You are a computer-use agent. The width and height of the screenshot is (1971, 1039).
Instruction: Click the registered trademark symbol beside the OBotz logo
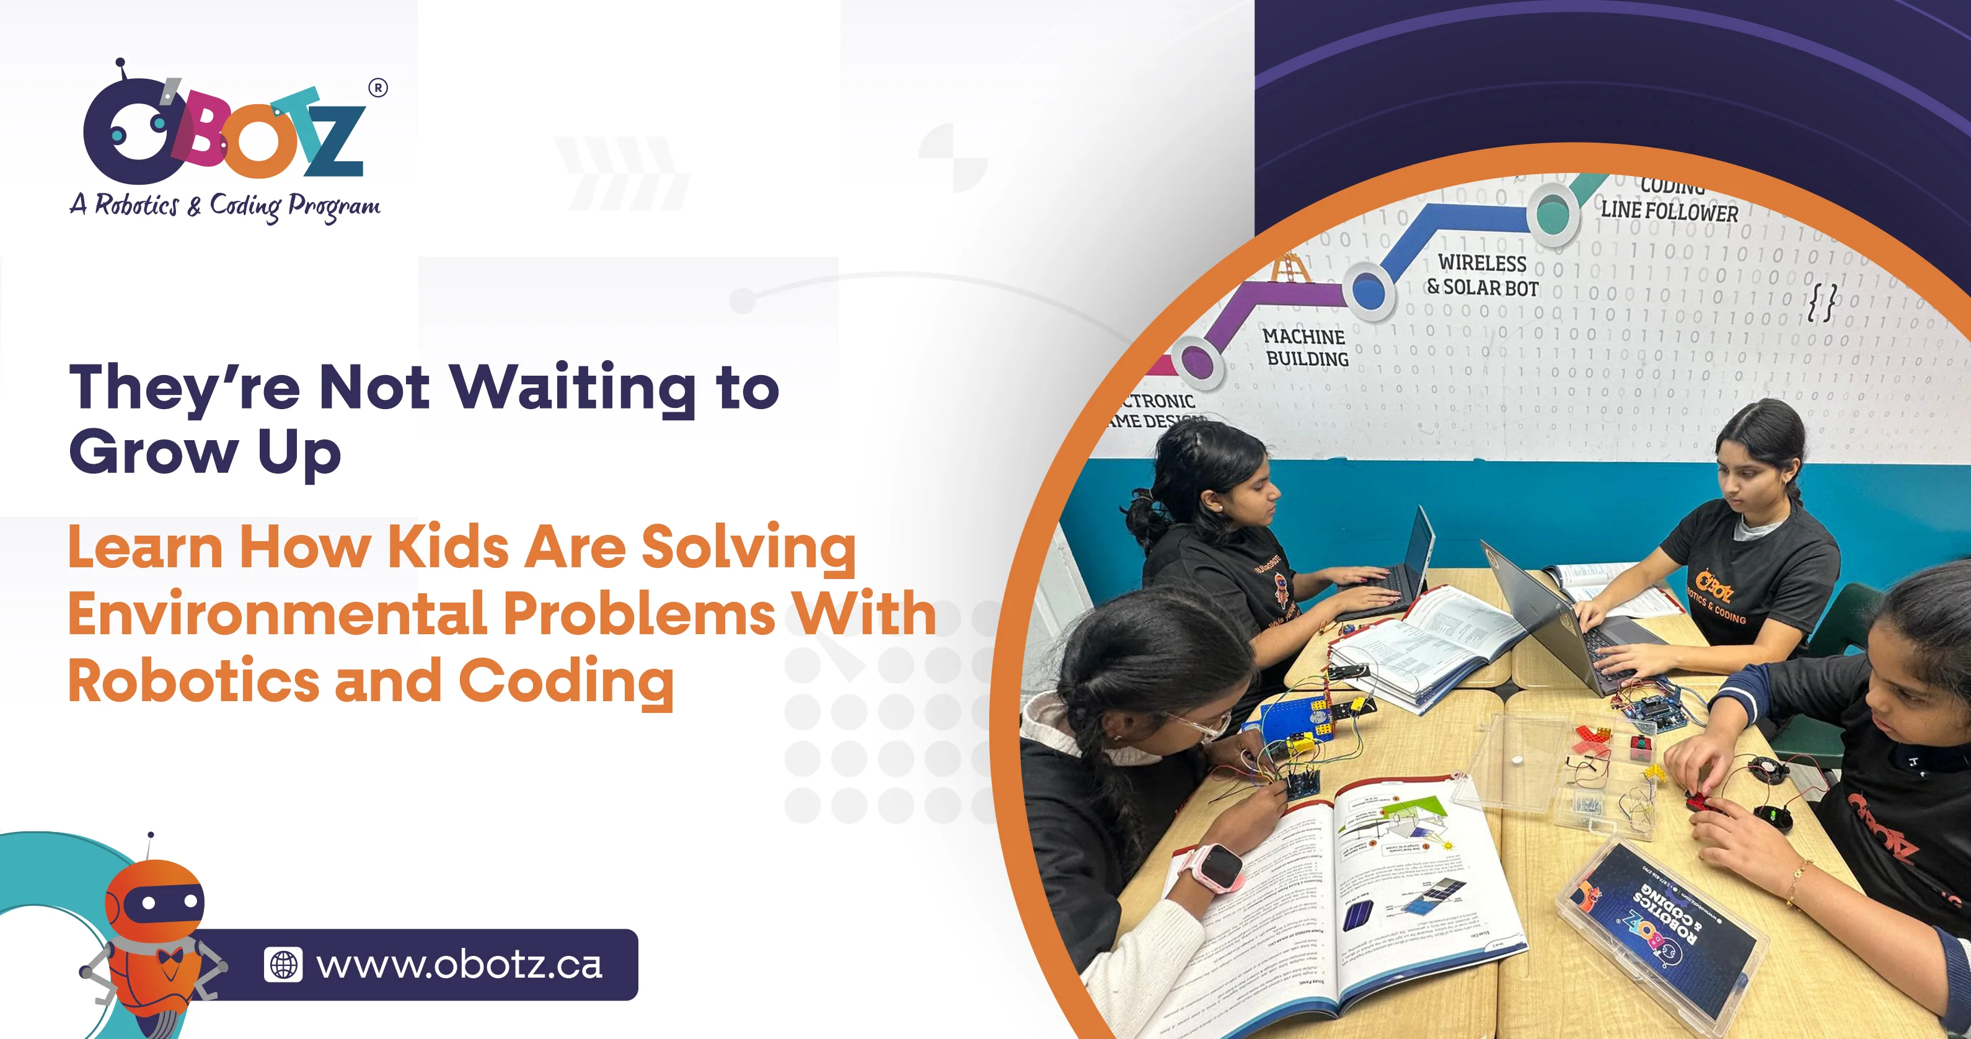378,88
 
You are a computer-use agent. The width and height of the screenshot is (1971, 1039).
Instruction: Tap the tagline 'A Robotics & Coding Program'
225,205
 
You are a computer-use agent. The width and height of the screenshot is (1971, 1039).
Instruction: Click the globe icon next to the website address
283,965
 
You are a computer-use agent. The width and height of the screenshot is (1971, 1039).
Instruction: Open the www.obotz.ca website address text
459,965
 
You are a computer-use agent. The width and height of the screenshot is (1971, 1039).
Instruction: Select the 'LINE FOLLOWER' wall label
1670,211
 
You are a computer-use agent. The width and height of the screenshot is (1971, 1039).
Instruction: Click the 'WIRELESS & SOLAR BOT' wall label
1482,275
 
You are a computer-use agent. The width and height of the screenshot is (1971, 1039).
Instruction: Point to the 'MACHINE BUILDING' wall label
1305,347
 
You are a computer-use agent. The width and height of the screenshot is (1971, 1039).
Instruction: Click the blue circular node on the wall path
1369,290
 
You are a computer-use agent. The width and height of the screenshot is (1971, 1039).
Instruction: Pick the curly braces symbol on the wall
1821,302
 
